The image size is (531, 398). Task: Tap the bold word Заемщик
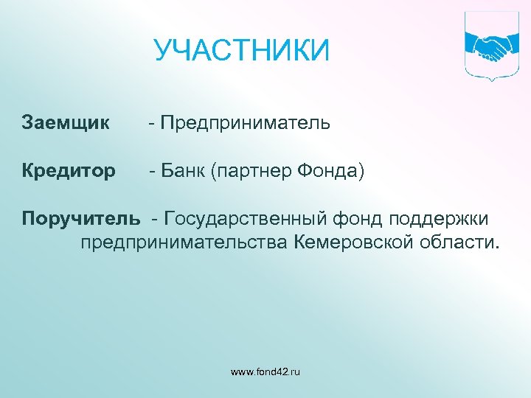66,122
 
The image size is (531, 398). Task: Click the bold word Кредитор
69,171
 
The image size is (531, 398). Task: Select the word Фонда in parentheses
328,171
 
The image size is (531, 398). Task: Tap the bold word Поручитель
80,220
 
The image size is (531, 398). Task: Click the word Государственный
249,220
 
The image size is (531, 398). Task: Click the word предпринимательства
187,242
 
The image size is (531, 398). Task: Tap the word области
462,242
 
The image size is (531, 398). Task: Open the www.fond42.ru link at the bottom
265,372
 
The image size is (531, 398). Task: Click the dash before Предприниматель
150,123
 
